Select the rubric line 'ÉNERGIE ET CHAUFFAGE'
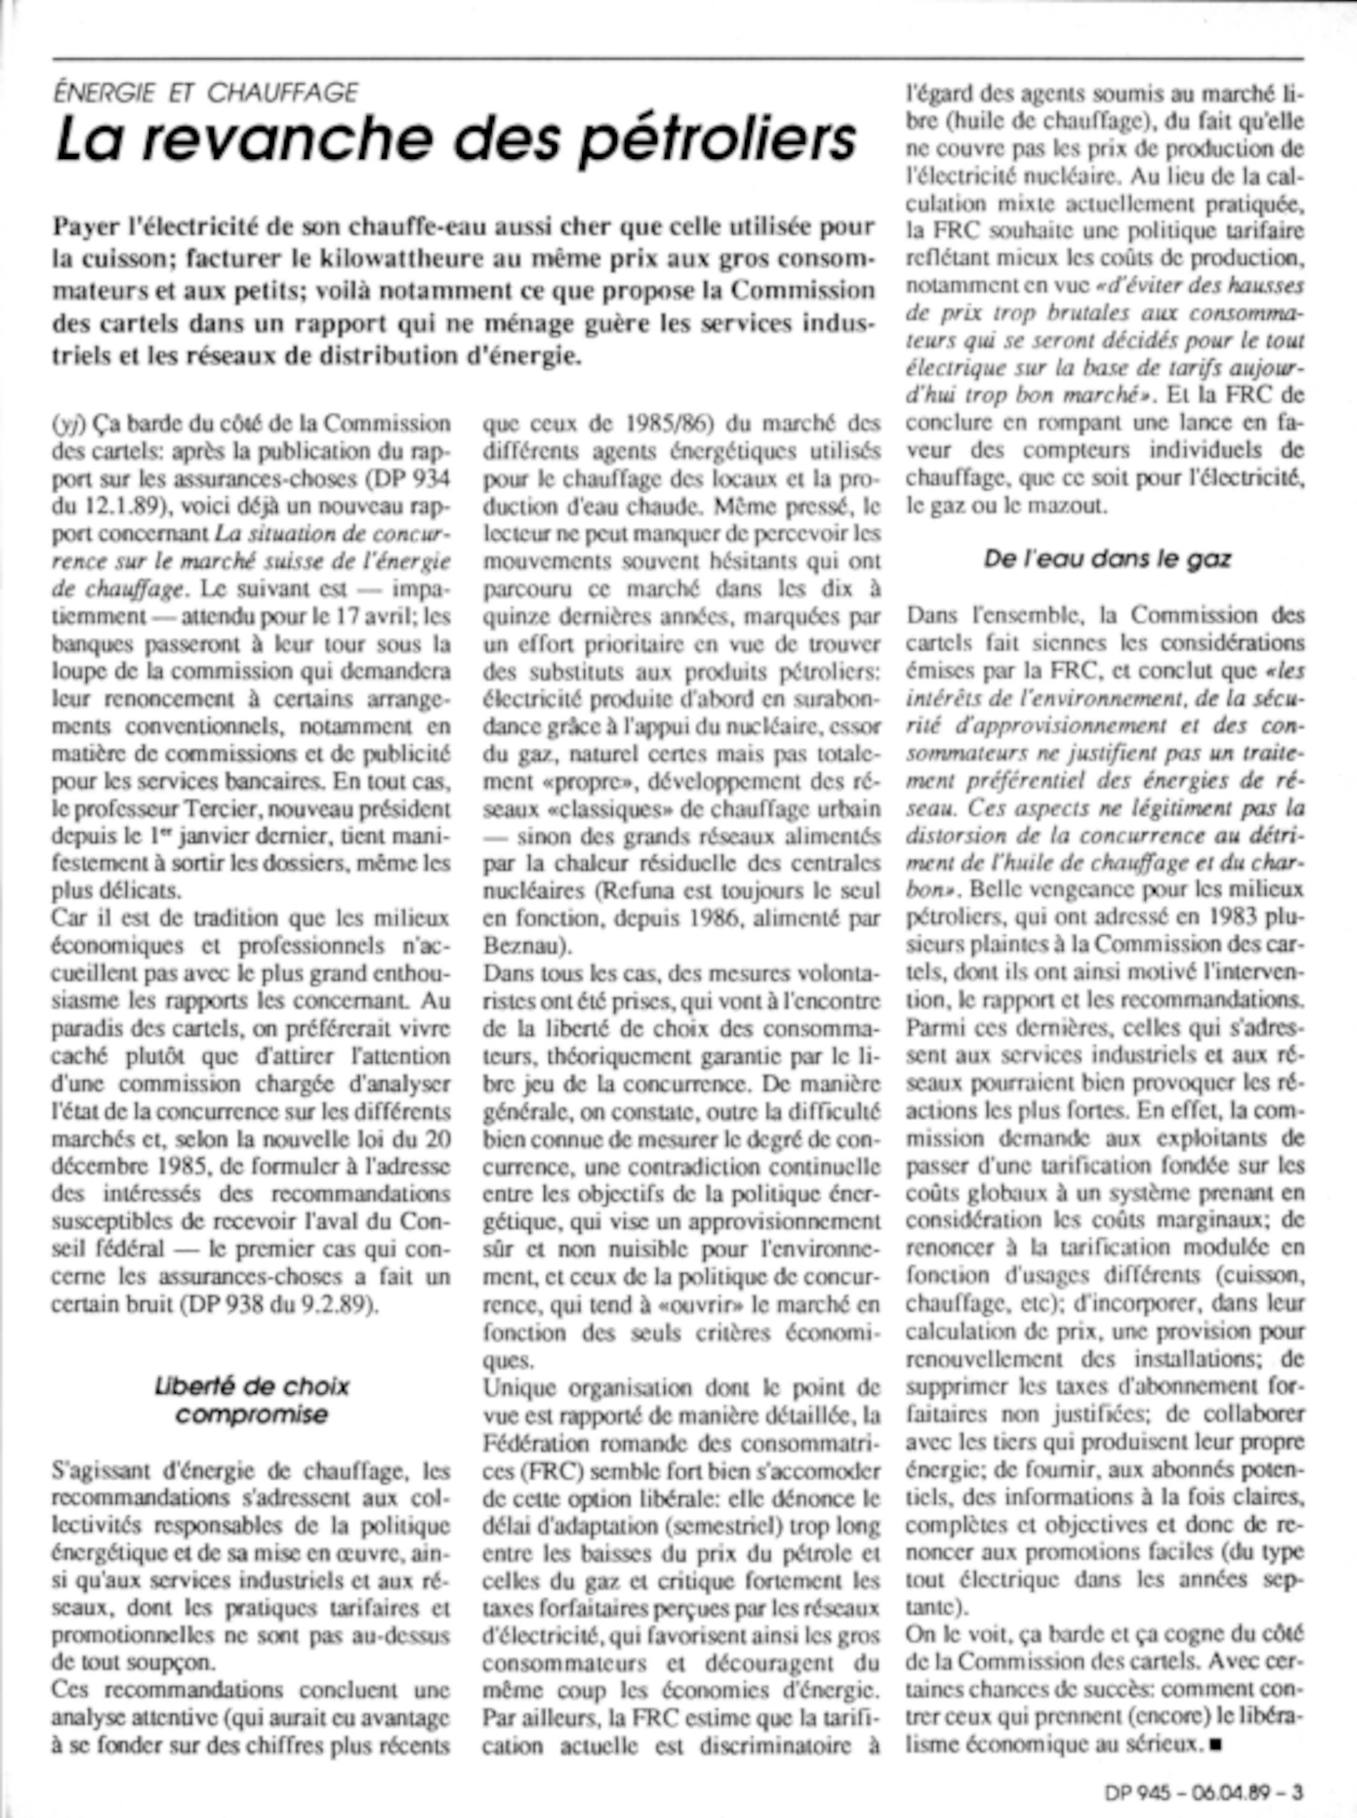pos(206,93)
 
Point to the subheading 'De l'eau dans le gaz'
pos(1107,559)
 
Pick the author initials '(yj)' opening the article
pos(67,424)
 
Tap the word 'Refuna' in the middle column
pos(640,891)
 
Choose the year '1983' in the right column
pos(1219,917)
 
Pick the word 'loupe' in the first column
pos(77,672)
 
